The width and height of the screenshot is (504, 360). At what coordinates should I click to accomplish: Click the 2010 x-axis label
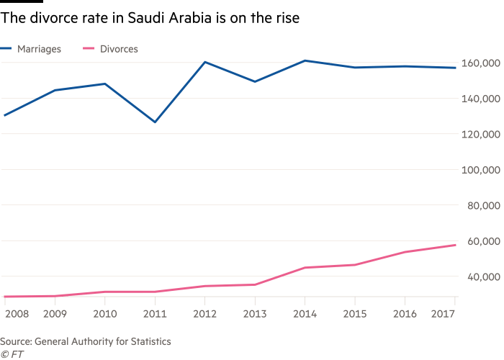coord(105,313)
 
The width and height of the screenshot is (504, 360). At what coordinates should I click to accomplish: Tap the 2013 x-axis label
coord(255,313)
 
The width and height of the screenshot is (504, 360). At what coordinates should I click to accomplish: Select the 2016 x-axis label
coord(405,313)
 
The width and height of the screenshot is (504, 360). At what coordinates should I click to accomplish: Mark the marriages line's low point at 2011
coord(155,122)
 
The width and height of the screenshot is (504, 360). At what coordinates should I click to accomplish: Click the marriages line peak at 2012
coord(205,62)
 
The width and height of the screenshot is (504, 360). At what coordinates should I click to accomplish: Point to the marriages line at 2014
coord(305,60)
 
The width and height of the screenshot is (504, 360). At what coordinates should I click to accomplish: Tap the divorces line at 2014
coord(305,268)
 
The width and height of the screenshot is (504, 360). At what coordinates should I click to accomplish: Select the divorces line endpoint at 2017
coord(455,246)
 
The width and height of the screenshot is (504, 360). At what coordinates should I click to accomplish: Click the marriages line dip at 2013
coord(255,81)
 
